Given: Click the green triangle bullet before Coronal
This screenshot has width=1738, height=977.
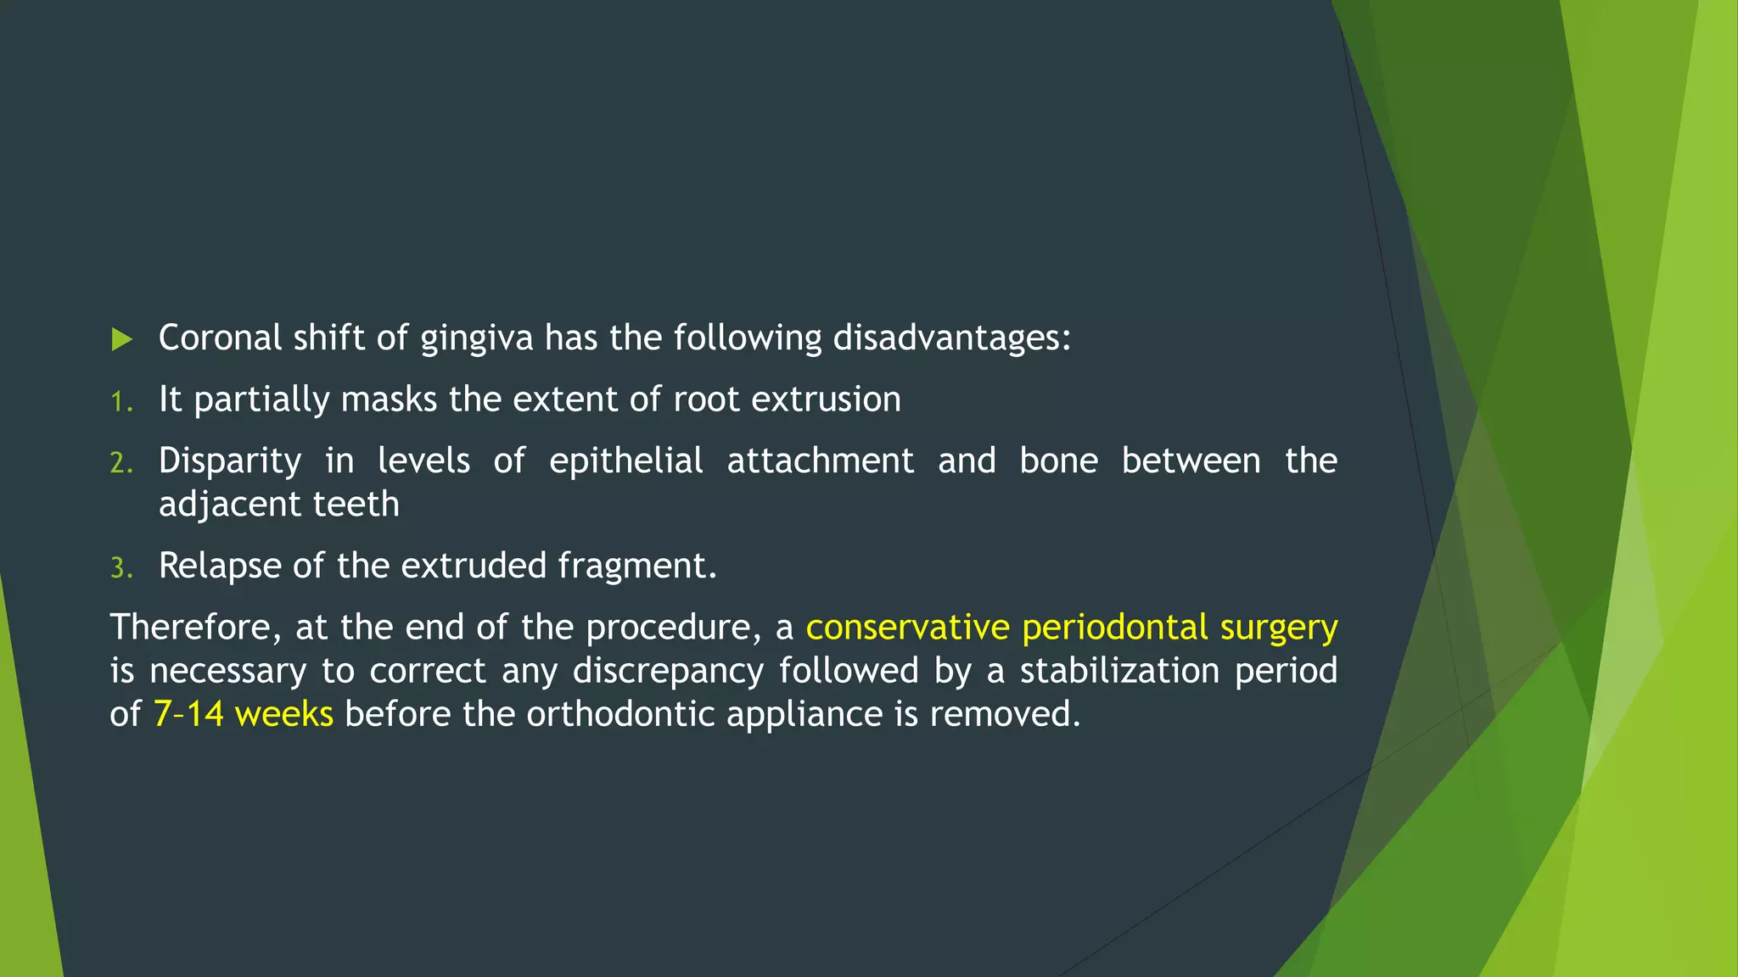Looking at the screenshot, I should [x=122, y=340].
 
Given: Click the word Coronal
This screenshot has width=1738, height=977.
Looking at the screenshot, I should [x=220, y=338].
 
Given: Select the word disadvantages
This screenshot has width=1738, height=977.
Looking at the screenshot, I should [x=951, y=338].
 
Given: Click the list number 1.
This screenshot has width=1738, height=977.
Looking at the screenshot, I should [x=121, y=402].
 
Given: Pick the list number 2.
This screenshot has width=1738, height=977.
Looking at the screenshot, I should [x=121, y=463].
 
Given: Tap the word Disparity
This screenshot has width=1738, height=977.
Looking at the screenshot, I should [x=229, y=461].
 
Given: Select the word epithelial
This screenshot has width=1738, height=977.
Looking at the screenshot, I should [x=625, y=461].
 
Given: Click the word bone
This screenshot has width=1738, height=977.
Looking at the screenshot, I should [x=1057, y=461].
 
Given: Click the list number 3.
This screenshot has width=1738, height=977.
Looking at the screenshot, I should [x=121, y=568].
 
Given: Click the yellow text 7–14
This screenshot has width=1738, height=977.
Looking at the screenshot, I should [x=188, y=714].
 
